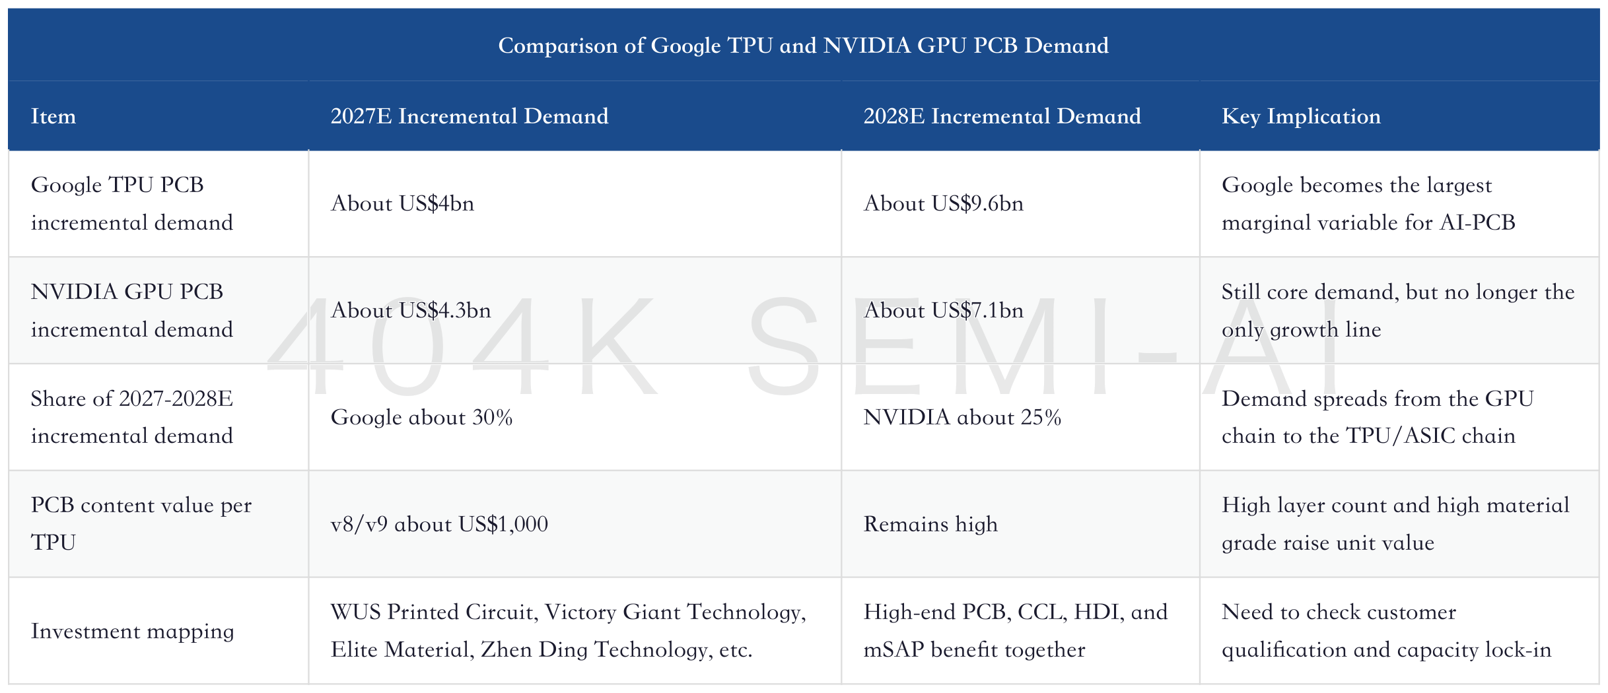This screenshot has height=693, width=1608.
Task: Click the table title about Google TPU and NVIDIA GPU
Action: (x=803, y=46)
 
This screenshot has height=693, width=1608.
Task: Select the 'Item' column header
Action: (x=53, y=116)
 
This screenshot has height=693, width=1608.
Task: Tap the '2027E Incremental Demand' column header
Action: (x=470, y=116)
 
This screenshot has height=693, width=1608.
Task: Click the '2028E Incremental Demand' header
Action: (x=1002, y=116)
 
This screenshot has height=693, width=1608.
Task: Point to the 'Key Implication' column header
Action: (x=1301, y=117)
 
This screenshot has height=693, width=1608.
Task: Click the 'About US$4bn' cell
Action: (x=402, y=203)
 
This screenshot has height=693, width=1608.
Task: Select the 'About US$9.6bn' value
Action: (x=944, y=203)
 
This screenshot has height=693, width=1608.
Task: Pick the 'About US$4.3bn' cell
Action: (x=411, y=310)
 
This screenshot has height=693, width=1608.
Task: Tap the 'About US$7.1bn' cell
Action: (x=944, y=310)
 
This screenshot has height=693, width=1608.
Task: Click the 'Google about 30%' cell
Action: (x=421, y=417)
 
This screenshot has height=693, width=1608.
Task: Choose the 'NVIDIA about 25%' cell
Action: (x=962, y=417)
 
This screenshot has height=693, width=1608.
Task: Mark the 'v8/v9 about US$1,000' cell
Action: (x=439, y=524)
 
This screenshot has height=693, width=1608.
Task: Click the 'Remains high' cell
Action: (x=930, y=524)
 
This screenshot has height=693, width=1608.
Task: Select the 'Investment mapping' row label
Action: (x=132, y=631)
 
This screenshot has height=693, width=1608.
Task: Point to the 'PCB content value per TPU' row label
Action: (x=141, y=523)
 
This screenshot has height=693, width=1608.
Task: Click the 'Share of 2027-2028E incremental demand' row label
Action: (x=132, y=416)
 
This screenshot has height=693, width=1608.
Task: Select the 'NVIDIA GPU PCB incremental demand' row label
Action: (x=132, y=310)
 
